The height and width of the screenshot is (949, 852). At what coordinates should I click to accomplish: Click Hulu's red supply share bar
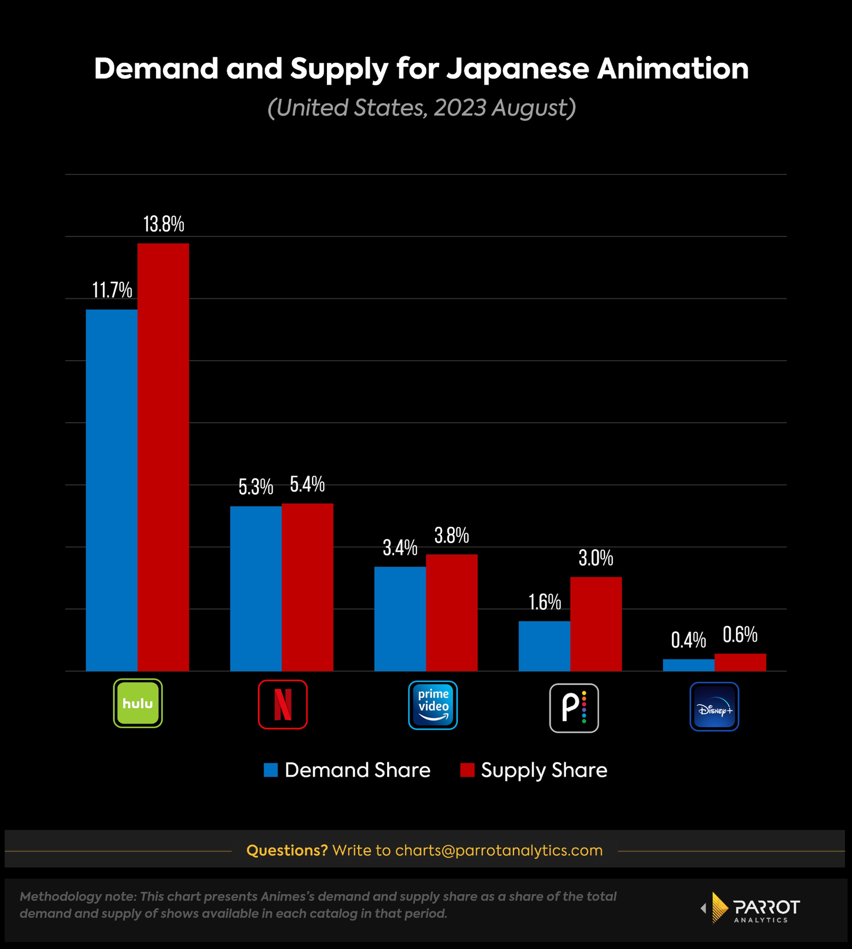[x=163, y=457]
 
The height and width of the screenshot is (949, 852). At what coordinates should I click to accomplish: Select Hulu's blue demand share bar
[x=111, y=490]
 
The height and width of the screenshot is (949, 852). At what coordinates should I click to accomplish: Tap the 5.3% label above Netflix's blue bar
[x=256, y=487]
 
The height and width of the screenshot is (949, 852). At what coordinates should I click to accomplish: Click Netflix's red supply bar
[x=307, y=587]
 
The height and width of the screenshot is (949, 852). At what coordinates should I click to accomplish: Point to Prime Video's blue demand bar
[x=400, y=618]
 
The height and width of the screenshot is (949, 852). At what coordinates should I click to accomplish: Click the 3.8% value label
[x=452, y=535]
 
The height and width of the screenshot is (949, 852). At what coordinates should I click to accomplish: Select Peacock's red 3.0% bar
[x=596, y=624]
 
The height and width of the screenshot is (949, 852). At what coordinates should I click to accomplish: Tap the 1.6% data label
[x=544, y=602]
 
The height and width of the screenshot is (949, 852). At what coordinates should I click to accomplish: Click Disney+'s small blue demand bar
[x=689, y=665]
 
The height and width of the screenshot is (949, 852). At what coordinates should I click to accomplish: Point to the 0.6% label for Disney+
[x=740, y=635]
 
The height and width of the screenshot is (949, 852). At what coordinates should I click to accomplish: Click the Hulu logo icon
[x=138, y=703]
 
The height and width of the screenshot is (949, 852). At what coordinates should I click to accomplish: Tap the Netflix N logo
[x=283, y=704]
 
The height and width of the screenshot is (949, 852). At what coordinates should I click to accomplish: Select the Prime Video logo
[x=433, y=705]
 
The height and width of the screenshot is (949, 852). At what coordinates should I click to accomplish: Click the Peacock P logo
[x=574, y=708]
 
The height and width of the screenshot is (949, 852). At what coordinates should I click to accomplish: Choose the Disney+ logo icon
[x=714, y=707]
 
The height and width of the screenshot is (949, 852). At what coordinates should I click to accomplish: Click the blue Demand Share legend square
[x=271, y=770]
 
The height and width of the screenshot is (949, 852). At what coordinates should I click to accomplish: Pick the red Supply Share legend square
[x=467, y=770]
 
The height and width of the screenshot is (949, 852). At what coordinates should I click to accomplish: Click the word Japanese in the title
[x=518, y=69]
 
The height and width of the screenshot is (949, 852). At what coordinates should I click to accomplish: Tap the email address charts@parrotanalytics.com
[x=498, y=850]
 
